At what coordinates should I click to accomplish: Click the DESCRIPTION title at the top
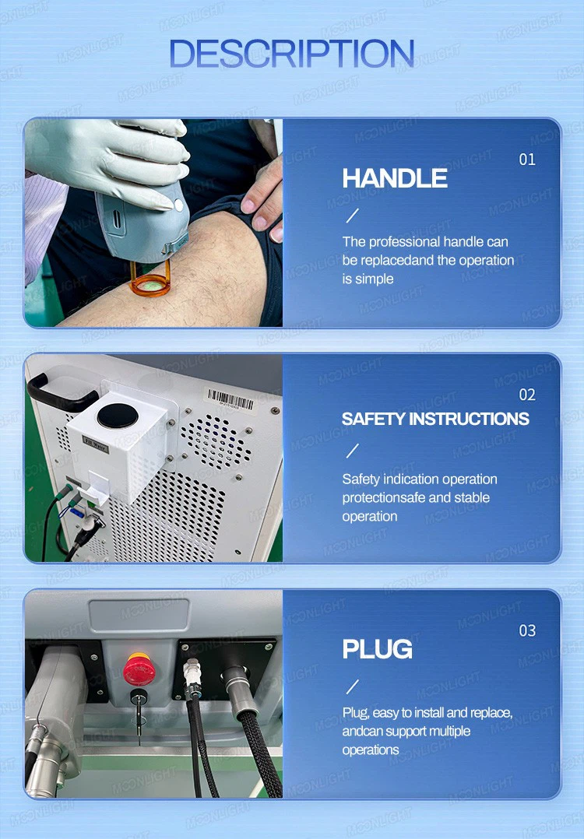click(291, 54)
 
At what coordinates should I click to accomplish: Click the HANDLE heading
click(395, 178)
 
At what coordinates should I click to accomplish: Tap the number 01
click(527, 160)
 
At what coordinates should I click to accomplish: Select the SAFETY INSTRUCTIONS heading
click(435, 419)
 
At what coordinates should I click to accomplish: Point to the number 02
click(527, 395)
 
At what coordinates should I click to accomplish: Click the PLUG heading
click(378, 649)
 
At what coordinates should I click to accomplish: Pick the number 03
click(527, 630)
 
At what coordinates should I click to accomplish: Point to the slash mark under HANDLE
click(353, 216)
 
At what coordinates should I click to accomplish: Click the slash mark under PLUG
click(353, 686)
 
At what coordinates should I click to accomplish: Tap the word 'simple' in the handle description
click(375, 279)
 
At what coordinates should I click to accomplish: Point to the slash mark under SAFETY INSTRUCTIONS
click(353, 451)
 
